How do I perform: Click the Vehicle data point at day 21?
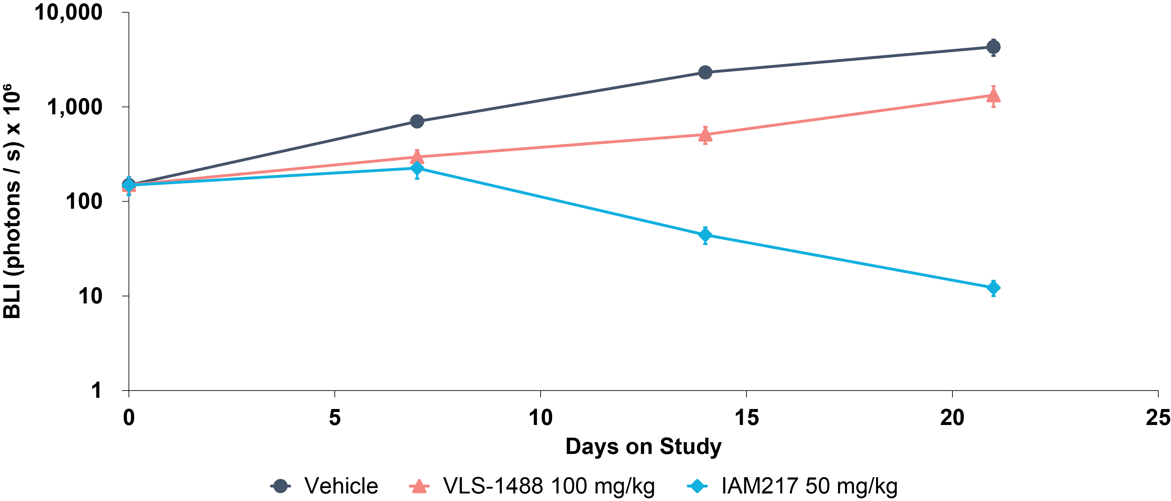[993, 47]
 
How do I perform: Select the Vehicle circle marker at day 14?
[705, 72]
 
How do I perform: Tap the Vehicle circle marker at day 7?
[417, 121]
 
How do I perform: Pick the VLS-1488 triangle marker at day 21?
[993, 95]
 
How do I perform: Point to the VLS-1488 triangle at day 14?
[705, 135]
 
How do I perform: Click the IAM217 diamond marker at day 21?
[993, 288]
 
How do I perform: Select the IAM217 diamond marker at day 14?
[705, 235]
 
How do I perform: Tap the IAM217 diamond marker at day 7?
[417, 169]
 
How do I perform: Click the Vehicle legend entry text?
[341, 486]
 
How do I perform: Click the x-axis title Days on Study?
[643, 447]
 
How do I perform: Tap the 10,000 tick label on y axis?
[69, 13]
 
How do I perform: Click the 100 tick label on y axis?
[84, 201]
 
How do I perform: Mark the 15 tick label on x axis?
[746, 417]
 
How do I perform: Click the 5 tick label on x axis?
[334, 417]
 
